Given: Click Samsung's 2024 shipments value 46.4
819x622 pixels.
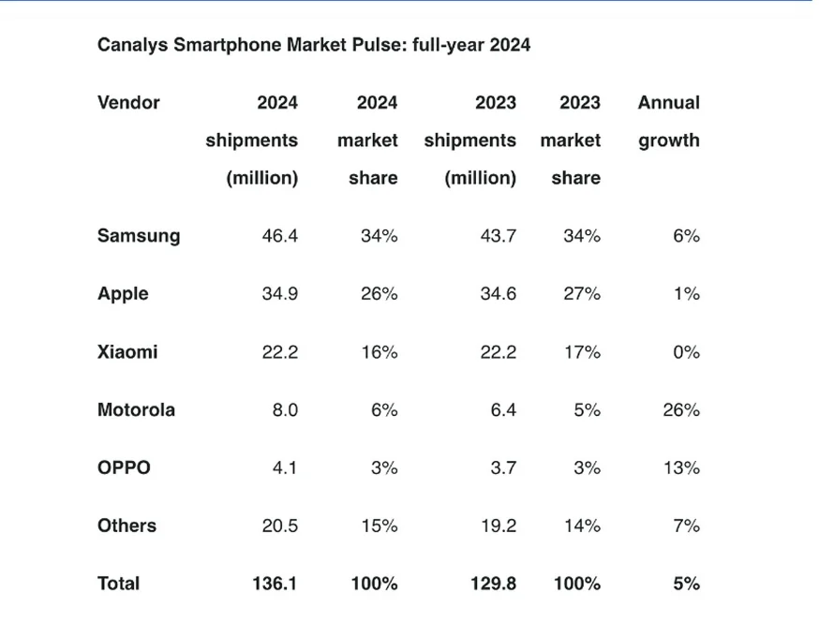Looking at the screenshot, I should point(279,236).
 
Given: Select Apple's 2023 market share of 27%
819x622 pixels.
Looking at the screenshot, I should point(582,294).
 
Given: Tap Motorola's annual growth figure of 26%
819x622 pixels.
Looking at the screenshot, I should point(681,410).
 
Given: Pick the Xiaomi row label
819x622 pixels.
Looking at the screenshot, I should point(127,352).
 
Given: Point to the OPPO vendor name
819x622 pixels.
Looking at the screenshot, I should point(124,467).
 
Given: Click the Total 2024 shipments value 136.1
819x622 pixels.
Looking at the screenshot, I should point(275,584).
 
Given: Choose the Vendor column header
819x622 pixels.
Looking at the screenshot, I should point(128,103).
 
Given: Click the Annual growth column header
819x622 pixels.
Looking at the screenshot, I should point(669,122).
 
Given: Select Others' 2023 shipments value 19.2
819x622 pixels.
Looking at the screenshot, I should point(499,526).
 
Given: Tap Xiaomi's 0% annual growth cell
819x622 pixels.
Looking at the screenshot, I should point(686,352).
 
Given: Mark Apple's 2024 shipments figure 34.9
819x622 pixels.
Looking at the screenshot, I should point(279,294).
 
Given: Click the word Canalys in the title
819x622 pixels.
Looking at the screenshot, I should point(132,45).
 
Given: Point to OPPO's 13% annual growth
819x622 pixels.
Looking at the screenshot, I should point(681,467).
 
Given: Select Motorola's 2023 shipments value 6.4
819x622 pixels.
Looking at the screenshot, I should point(502,410).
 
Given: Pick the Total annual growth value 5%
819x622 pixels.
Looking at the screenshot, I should point(686,584).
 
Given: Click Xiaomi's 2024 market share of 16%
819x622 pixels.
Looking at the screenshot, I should point(380,352).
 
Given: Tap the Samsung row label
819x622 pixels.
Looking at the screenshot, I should point(139,236).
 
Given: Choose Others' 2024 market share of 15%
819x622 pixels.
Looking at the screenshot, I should point(380,526).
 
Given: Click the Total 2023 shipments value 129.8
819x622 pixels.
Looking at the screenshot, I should point(493,584).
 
